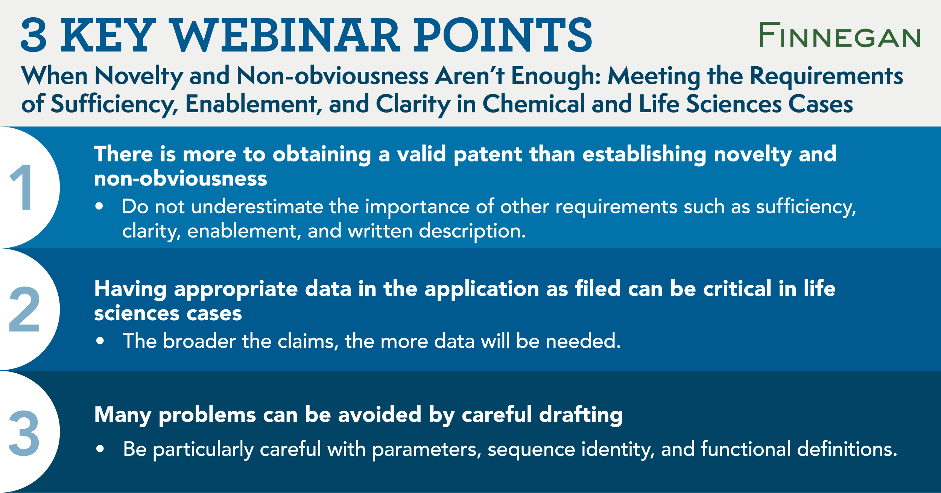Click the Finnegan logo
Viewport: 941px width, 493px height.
point(840,35)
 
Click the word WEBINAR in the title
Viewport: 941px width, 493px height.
point(286,35)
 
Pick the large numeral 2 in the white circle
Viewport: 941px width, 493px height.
point(24,309)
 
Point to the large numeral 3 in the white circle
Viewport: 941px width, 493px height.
point(24,433)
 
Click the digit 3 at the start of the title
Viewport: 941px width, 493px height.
point(34,35)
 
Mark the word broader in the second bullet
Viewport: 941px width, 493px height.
point(199,341)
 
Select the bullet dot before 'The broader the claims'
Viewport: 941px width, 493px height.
point(100,341)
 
